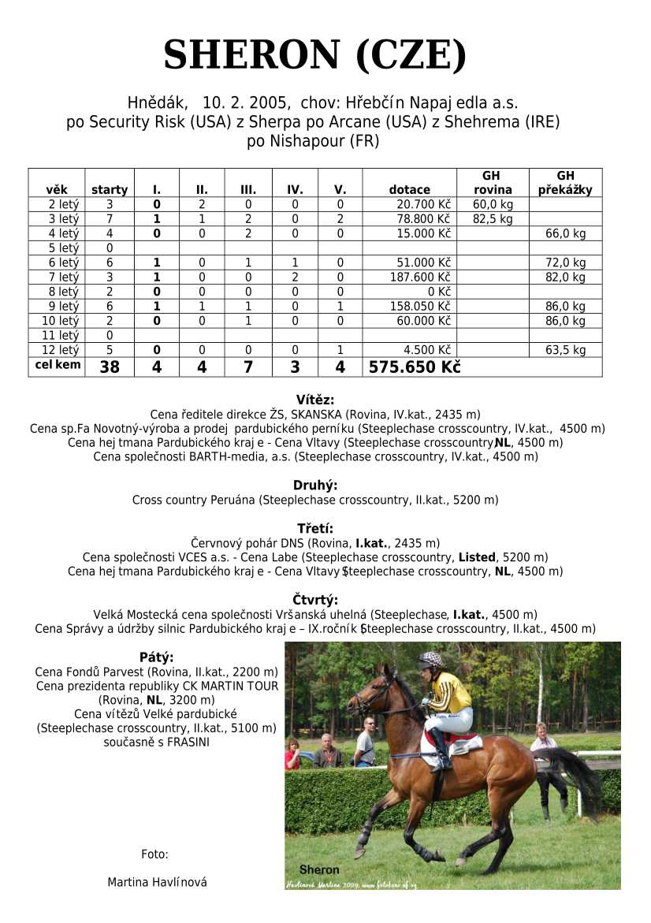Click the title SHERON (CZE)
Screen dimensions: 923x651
pyautogui.click(x=315, y=55)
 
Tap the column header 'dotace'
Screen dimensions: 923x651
pyautogui.click(x=409, y=190)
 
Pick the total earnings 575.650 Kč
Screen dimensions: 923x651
pyautogui.click(x=415, y=367)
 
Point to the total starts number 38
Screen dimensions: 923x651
pyautogui.click(x=110, y=367)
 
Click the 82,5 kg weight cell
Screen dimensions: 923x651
pyautogui.click(x=493, y=219)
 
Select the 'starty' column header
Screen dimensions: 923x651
pyautogui.click(x=110, y=190)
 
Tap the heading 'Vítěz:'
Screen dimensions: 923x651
pyautogui.click(x=314, y=400)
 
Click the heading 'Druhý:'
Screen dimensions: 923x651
pyautogui.click(x=314, y=486)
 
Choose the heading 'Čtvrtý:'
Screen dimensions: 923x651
pyautogui.click(x=314, y=600)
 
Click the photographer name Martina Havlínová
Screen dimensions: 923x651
pyautogui.click(x=157, y=882)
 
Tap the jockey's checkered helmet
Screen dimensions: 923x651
pyautogui.click(x=430, y=659)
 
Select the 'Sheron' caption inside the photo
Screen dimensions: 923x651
pyautogui.click(x=319, y=869)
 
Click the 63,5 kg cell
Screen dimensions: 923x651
pyautogui.click(x=565, y=350)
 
